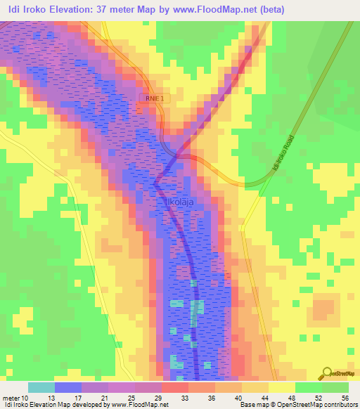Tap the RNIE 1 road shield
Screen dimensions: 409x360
click(155, 99)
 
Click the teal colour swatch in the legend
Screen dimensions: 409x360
click(41, 387)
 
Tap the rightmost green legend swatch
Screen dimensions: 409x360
click(335, 387)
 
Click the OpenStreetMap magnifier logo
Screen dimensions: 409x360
click(327, 373)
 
